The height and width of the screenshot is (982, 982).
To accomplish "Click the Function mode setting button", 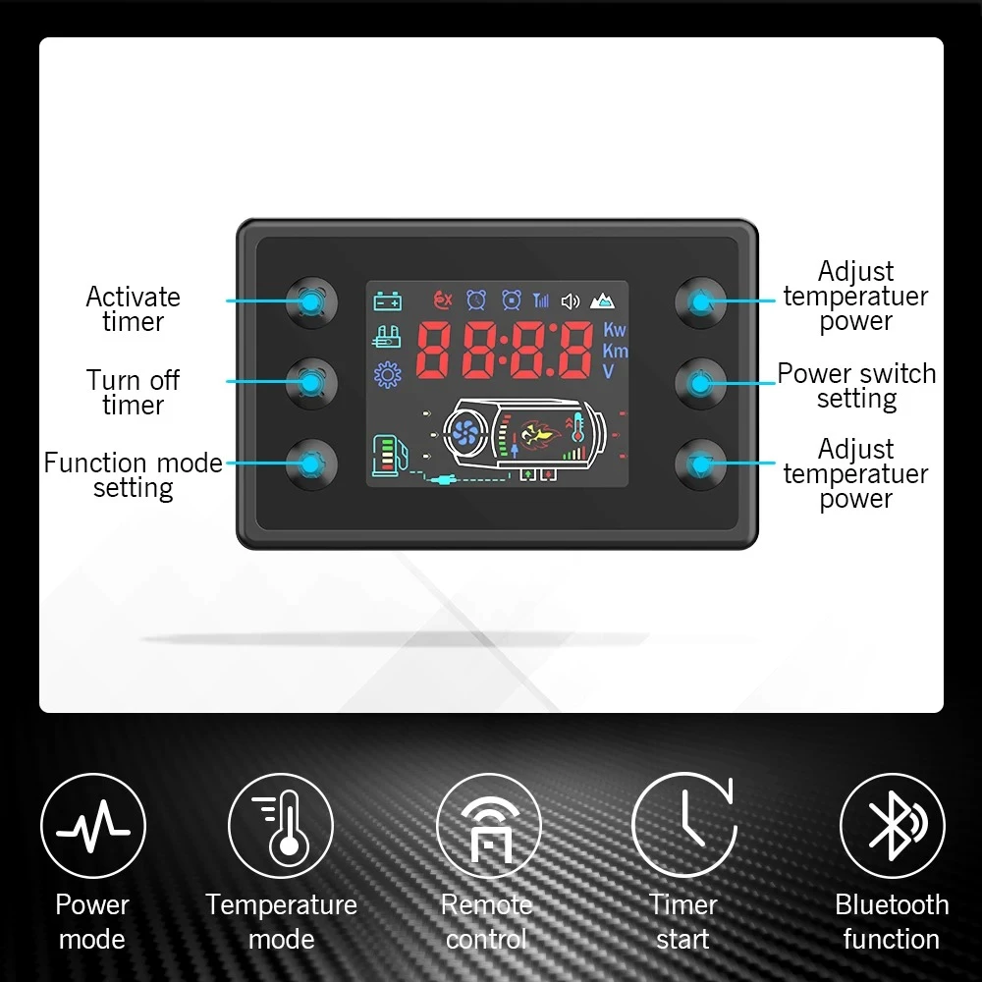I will (310, 464).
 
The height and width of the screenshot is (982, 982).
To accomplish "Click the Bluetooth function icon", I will (892, 825).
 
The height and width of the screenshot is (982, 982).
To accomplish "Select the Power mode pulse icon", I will (93, 826).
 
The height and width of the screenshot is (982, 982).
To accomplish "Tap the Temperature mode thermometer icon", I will (281, 826).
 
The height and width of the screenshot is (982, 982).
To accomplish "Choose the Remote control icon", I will (488, 826).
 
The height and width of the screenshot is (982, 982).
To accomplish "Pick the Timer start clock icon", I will (684, 825).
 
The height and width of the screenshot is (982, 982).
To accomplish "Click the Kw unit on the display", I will (615, 330).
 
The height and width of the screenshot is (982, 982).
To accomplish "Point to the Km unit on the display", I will (615, 351).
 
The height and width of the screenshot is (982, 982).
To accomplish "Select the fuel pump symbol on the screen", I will (387, 456).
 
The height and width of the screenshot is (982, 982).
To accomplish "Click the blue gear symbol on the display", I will (388, 374).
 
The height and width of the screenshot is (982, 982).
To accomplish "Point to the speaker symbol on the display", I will (570, 300).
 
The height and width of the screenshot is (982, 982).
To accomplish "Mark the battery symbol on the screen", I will (387, 301).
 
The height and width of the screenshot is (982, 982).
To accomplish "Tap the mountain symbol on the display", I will (602, 300).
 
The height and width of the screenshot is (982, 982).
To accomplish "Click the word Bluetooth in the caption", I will (892, 904).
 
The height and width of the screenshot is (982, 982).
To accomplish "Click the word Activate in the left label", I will (134, 297).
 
